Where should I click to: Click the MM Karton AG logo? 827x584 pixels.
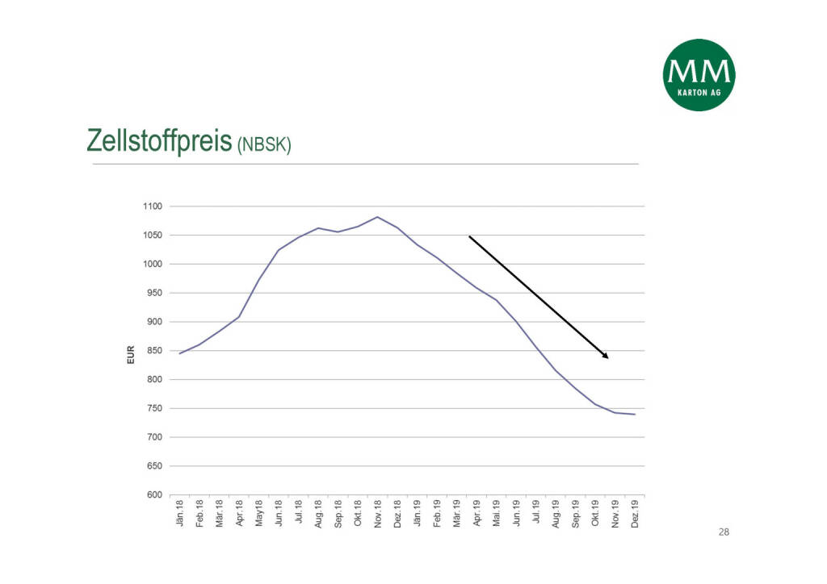point(699,75)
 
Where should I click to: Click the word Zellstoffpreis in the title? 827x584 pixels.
point(159,140)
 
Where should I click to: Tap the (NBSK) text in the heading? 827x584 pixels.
point(264,145)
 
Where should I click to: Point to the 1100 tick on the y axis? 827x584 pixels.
point(153,206)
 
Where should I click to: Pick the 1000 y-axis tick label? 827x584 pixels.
point(153,265)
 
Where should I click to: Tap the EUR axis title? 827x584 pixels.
point(130,356)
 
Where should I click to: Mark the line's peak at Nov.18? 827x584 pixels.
point(377,217)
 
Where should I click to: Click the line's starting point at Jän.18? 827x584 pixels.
point(179,353)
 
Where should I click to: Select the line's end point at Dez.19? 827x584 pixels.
point(635,415)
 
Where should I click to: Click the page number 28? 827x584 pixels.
point(723,532)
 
